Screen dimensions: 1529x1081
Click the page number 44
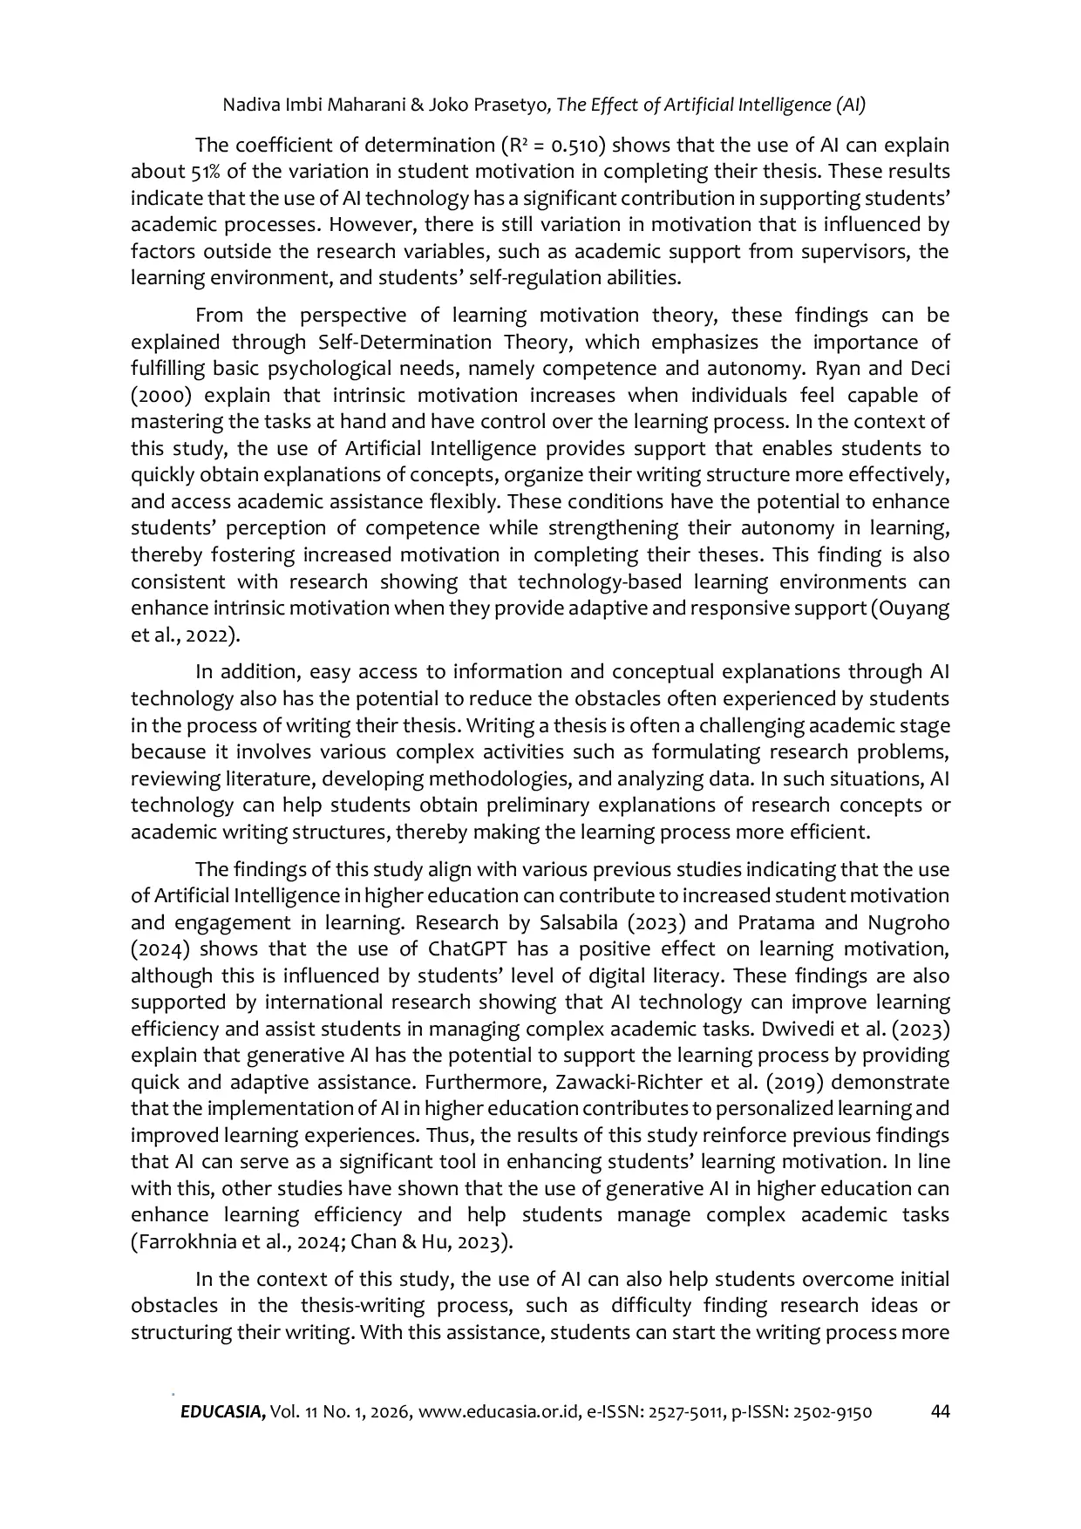(940, 1411)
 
